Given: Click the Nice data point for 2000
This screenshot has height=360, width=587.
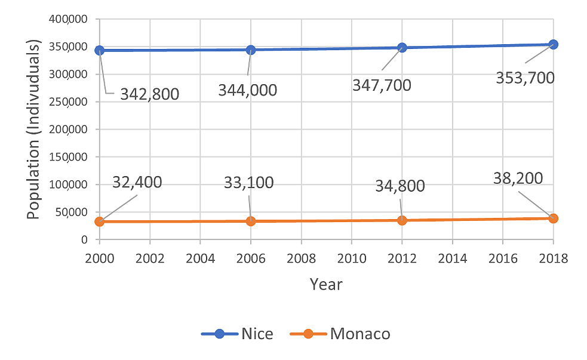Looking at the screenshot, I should tap(99, 50).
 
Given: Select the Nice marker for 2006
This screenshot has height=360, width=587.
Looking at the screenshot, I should tap(251, 50).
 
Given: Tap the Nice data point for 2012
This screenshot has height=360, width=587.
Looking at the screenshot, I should tap(402, 47).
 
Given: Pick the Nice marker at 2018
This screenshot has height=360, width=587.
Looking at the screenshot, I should tap(553, 44).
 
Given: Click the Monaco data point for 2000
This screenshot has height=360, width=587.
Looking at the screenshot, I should tap(99, 221).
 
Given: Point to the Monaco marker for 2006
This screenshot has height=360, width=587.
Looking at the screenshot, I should tap(251, 221).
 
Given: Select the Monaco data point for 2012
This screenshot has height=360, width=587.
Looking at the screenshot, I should tap(402, 220).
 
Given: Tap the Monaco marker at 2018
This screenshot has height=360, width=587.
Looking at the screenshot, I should tap(553, 218).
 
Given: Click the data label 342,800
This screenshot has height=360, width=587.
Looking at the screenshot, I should tap(149, 94).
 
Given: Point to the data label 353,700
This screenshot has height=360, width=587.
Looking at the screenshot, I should tap(525, 78).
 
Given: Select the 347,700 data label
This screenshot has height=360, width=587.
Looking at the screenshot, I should tap(382, 85).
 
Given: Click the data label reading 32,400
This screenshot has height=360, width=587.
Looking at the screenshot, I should tap(137, 182).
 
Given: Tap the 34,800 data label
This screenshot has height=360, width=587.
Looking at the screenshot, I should tap(399, 186).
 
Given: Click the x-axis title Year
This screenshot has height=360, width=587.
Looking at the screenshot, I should tap(326, 284).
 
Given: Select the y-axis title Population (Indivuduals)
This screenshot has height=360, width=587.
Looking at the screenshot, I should tap(33, 130).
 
